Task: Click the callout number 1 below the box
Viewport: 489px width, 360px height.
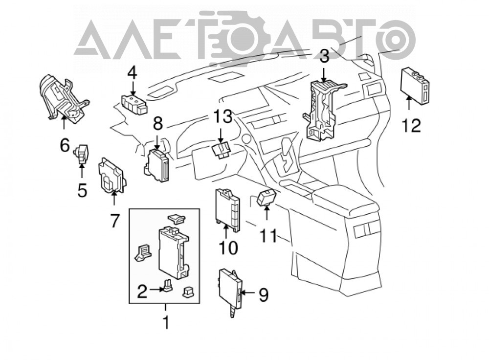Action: click(166, 322)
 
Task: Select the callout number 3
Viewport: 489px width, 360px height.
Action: click(324, 56)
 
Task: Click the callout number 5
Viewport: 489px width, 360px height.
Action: click(82, 190)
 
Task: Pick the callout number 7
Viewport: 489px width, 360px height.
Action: click(114, 221)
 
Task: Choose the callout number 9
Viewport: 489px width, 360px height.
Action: click(264, 295)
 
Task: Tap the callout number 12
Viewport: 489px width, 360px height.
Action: click(411, 125)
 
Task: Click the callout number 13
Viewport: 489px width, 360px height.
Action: click(222, 116)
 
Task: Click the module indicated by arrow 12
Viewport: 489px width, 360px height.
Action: click(415, 86)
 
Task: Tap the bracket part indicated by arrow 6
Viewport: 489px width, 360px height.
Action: click(63, 98)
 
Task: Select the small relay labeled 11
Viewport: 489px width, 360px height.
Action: click(266, 198)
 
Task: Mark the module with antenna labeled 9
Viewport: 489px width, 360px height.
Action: click(231, 289)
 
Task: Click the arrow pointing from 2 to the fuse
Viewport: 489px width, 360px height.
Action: click(156, 290)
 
